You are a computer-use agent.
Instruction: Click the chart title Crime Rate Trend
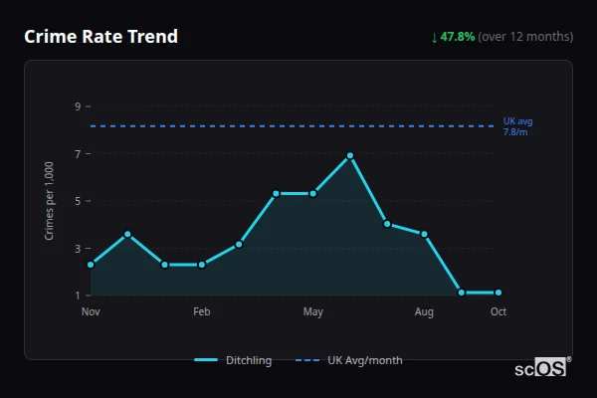101,37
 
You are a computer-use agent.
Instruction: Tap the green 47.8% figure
459,37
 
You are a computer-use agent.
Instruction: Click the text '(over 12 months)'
525,37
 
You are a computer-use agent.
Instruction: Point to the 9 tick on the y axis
77,106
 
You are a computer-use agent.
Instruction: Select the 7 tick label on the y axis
77,154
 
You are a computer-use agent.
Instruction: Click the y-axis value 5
77,201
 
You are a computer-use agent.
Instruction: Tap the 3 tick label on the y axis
77,249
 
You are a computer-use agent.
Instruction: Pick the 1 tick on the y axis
77,296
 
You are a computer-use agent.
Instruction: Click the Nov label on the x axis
91,312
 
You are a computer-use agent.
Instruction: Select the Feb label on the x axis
202,312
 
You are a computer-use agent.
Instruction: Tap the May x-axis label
313,312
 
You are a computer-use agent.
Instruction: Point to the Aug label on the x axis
424,312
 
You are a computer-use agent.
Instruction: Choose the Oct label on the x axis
498,312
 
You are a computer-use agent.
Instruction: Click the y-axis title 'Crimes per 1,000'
50,201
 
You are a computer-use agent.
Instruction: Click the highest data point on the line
350,155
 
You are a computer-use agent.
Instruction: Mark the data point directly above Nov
91,265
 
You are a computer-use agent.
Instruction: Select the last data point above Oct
498,293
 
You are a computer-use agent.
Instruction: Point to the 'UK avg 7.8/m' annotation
517,126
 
